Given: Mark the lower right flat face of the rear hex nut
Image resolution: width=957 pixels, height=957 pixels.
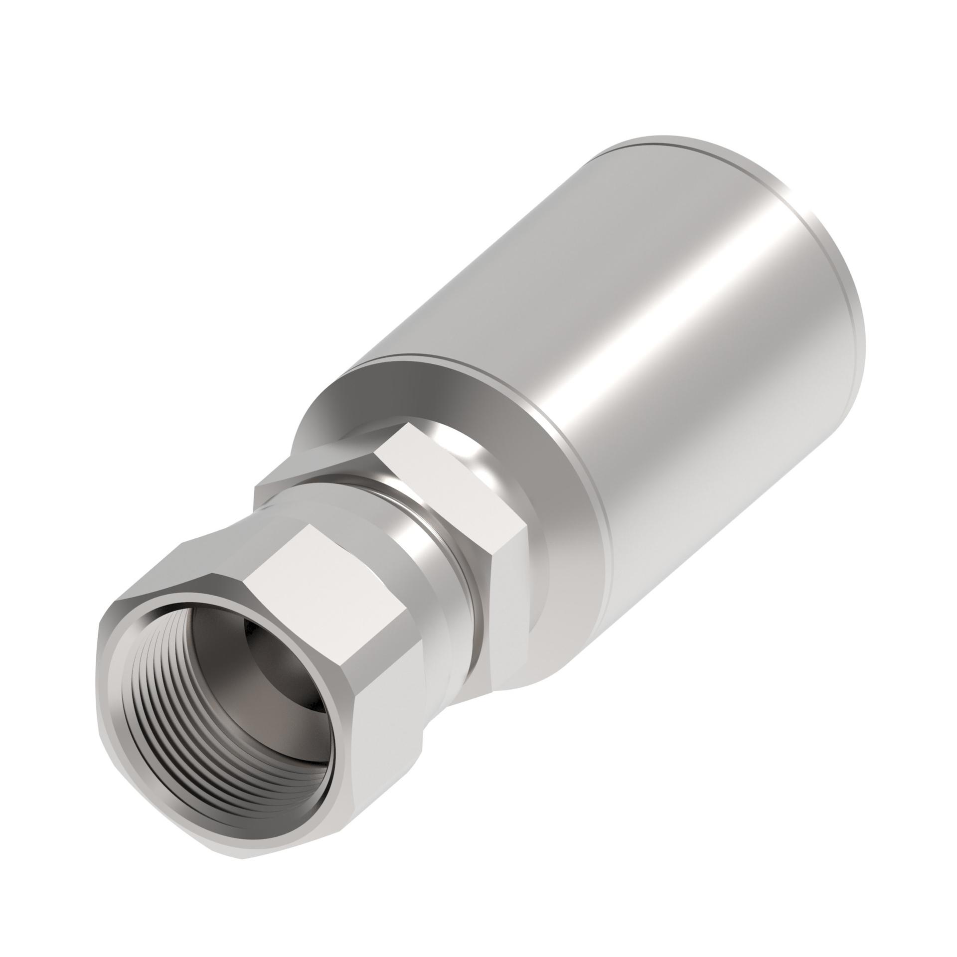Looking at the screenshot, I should point(508,598).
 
